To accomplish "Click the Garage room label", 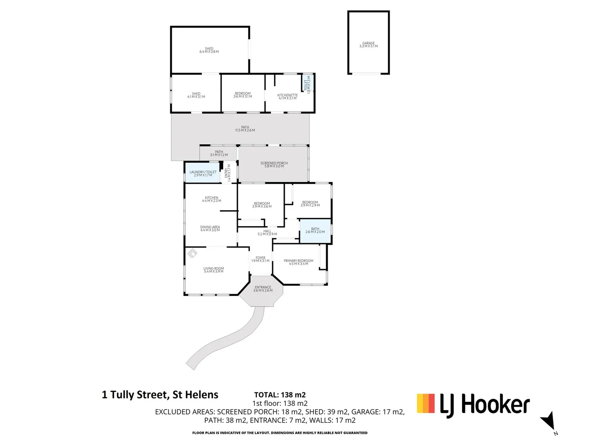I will point(368,44).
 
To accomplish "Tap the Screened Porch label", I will point(274,164).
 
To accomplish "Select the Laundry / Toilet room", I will point(203,173).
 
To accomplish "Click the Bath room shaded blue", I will point(315,231).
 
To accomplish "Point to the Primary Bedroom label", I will point(298,262).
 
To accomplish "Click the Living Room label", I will point(213,270).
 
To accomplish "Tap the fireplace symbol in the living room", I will point(192,253).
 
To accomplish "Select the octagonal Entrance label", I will point(263,289).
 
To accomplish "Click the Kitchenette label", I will point(287,96).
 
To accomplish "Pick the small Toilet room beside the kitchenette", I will point(308,84).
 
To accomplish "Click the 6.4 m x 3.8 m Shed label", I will point(209,50).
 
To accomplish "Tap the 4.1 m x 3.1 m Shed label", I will point(196,95).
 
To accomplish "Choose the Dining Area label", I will point(210,228).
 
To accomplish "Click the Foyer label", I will point(260,259).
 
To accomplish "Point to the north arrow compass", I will point(549,422).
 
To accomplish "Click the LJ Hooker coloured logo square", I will point(426,403).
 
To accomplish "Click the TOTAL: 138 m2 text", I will point(280,395).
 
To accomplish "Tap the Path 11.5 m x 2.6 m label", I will point(245,129).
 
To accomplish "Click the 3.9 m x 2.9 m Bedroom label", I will point(310,204).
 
